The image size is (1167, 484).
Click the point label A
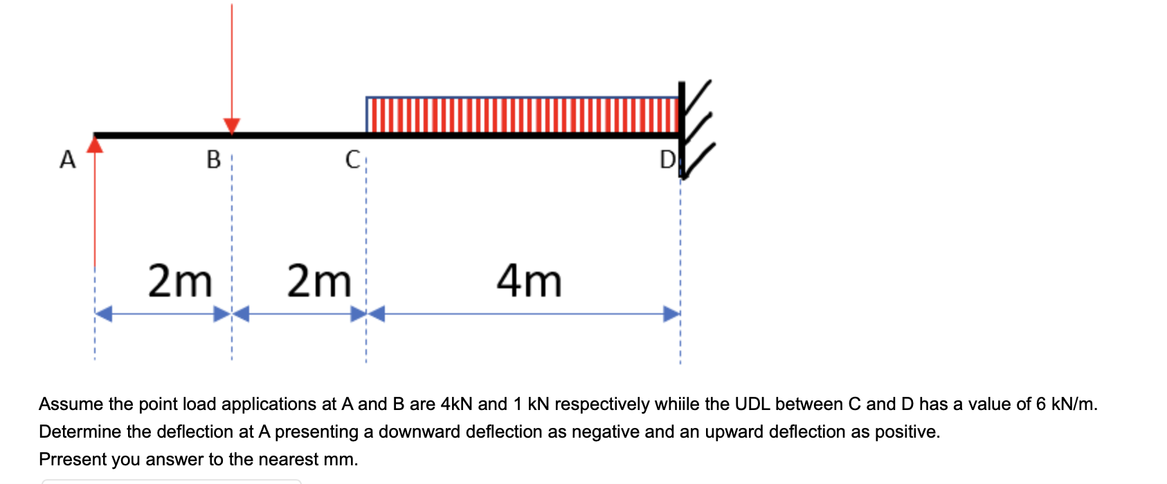(x=67, y=160)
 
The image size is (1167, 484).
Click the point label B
(x=214, y=160)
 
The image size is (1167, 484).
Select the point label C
(x=352, y=160)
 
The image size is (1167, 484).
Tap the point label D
(x=667, y=160)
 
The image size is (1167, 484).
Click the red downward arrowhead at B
(x=232, y=126)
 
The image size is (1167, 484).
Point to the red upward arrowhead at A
(x=95, y=143)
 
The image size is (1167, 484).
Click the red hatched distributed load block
(x=523, y=115)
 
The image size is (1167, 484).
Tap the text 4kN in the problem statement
(x=456, y=404)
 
